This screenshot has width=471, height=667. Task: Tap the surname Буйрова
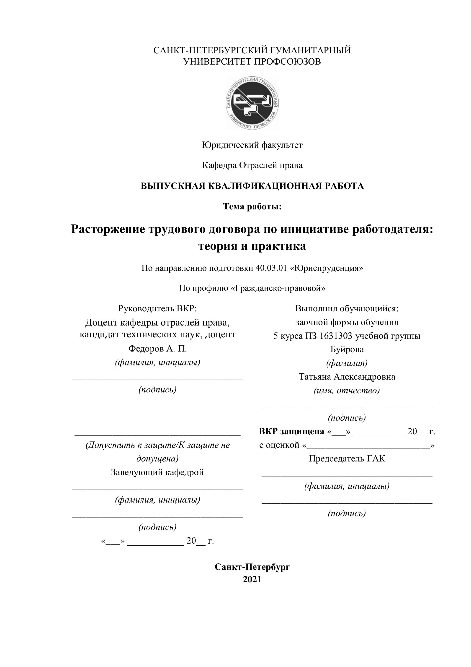[347, 349]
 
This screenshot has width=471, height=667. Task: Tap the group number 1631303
[336, 336]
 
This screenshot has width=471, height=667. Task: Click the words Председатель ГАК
[347, 459]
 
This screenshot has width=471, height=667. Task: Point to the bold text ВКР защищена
[291, 431]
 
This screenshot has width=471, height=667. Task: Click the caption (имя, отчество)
[347, 391]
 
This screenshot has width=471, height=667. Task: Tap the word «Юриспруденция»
[327, 268]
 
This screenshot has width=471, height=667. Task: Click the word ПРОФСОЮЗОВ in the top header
[288, 62]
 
